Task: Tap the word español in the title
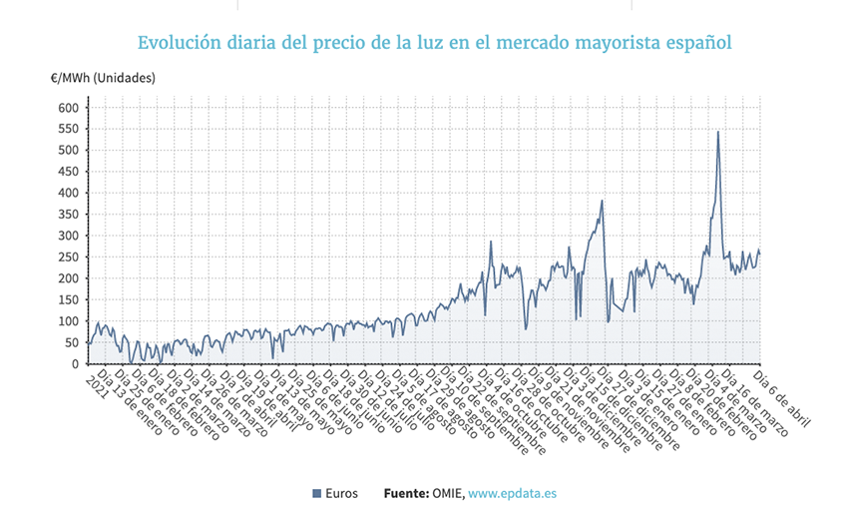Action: [695, 44]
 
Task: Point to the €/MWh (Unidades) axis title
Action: [103, 78]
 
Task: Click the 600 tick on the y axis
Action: [67, 108]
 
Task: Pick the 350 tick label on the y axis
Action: [67, 215]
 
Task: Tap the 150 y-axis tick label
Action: [67, 300]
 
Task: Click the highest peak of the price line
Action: [718, 132]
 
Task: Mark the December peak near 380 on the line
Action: [603, 202]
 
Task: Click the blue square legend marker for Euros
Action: [316, 493]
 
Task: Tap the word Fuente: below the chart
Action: [406, 493]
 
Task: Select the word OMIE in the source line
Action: [448, 493]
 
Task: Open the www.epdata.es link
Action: [512, 493]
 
